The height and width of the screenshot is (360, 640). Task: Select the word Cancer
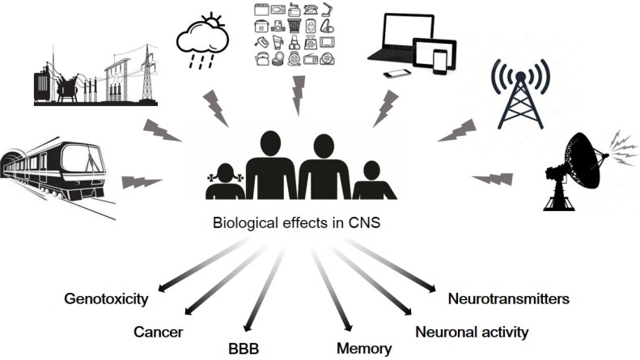coord(159,332)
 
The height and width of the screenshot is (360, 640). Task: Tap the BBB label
coord(244,349)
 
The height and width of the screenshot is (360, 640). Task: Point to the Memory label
coord(364,349)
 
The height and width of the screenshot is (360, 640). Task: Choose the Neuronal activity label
coord(471,332)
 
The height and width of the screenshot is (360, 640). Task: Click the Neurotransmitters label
coord(509,299)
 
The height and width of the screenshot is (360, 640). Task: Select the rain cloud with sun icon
coord(202,36)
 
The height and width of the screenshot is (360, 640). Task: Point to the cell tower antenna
coord(519,93)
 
